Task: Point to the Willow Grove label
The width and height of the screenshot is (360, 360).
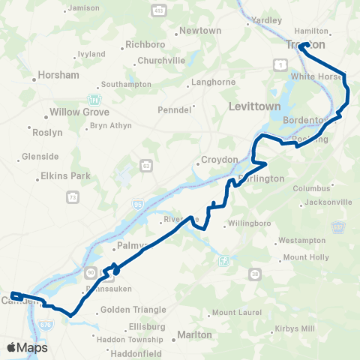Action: coord(74,112)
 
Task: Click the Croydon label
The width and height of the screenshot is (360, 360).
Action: coord(220,160)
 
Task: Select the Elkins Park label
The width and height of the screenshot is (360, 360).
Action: coord(64,178)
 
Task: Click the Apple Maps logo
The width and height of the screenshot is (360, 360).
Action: coord(28,347)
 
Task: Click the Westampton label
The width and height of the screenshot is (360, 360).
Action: coord(303,241)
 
